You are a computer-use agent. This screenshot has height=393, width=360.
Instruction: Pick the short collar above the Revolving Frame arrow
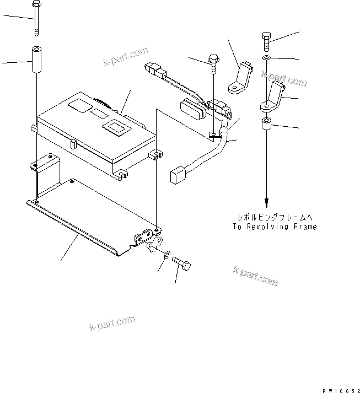[266, 125]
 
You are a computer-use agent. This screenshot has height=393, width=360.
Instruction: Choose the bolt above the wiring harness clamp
[212, 64]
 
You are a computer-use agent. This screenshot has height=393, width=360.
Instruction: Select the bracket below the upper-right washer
[272, 97]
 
